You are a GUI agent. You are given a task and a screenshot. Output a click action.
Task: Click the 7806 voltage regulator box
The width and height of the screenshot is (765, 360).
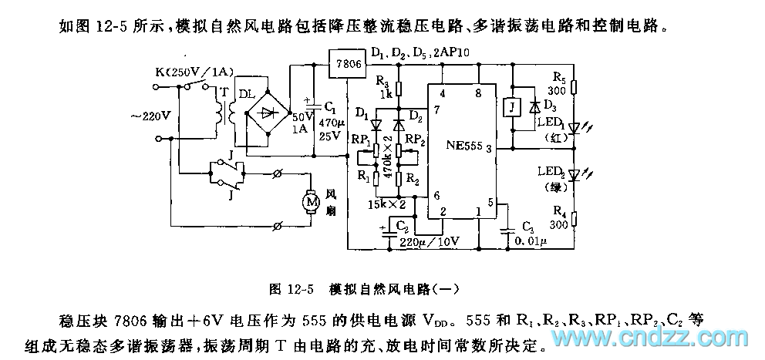[x=345, y=63]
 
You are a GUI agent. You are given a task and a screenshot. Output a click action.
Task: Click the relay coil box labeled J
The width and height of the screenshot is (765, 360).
[x=510, y=106]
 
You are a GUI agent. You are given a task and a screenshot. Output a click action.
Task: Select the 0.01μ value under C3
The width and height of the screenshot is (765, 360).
[x=529, y=241]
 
